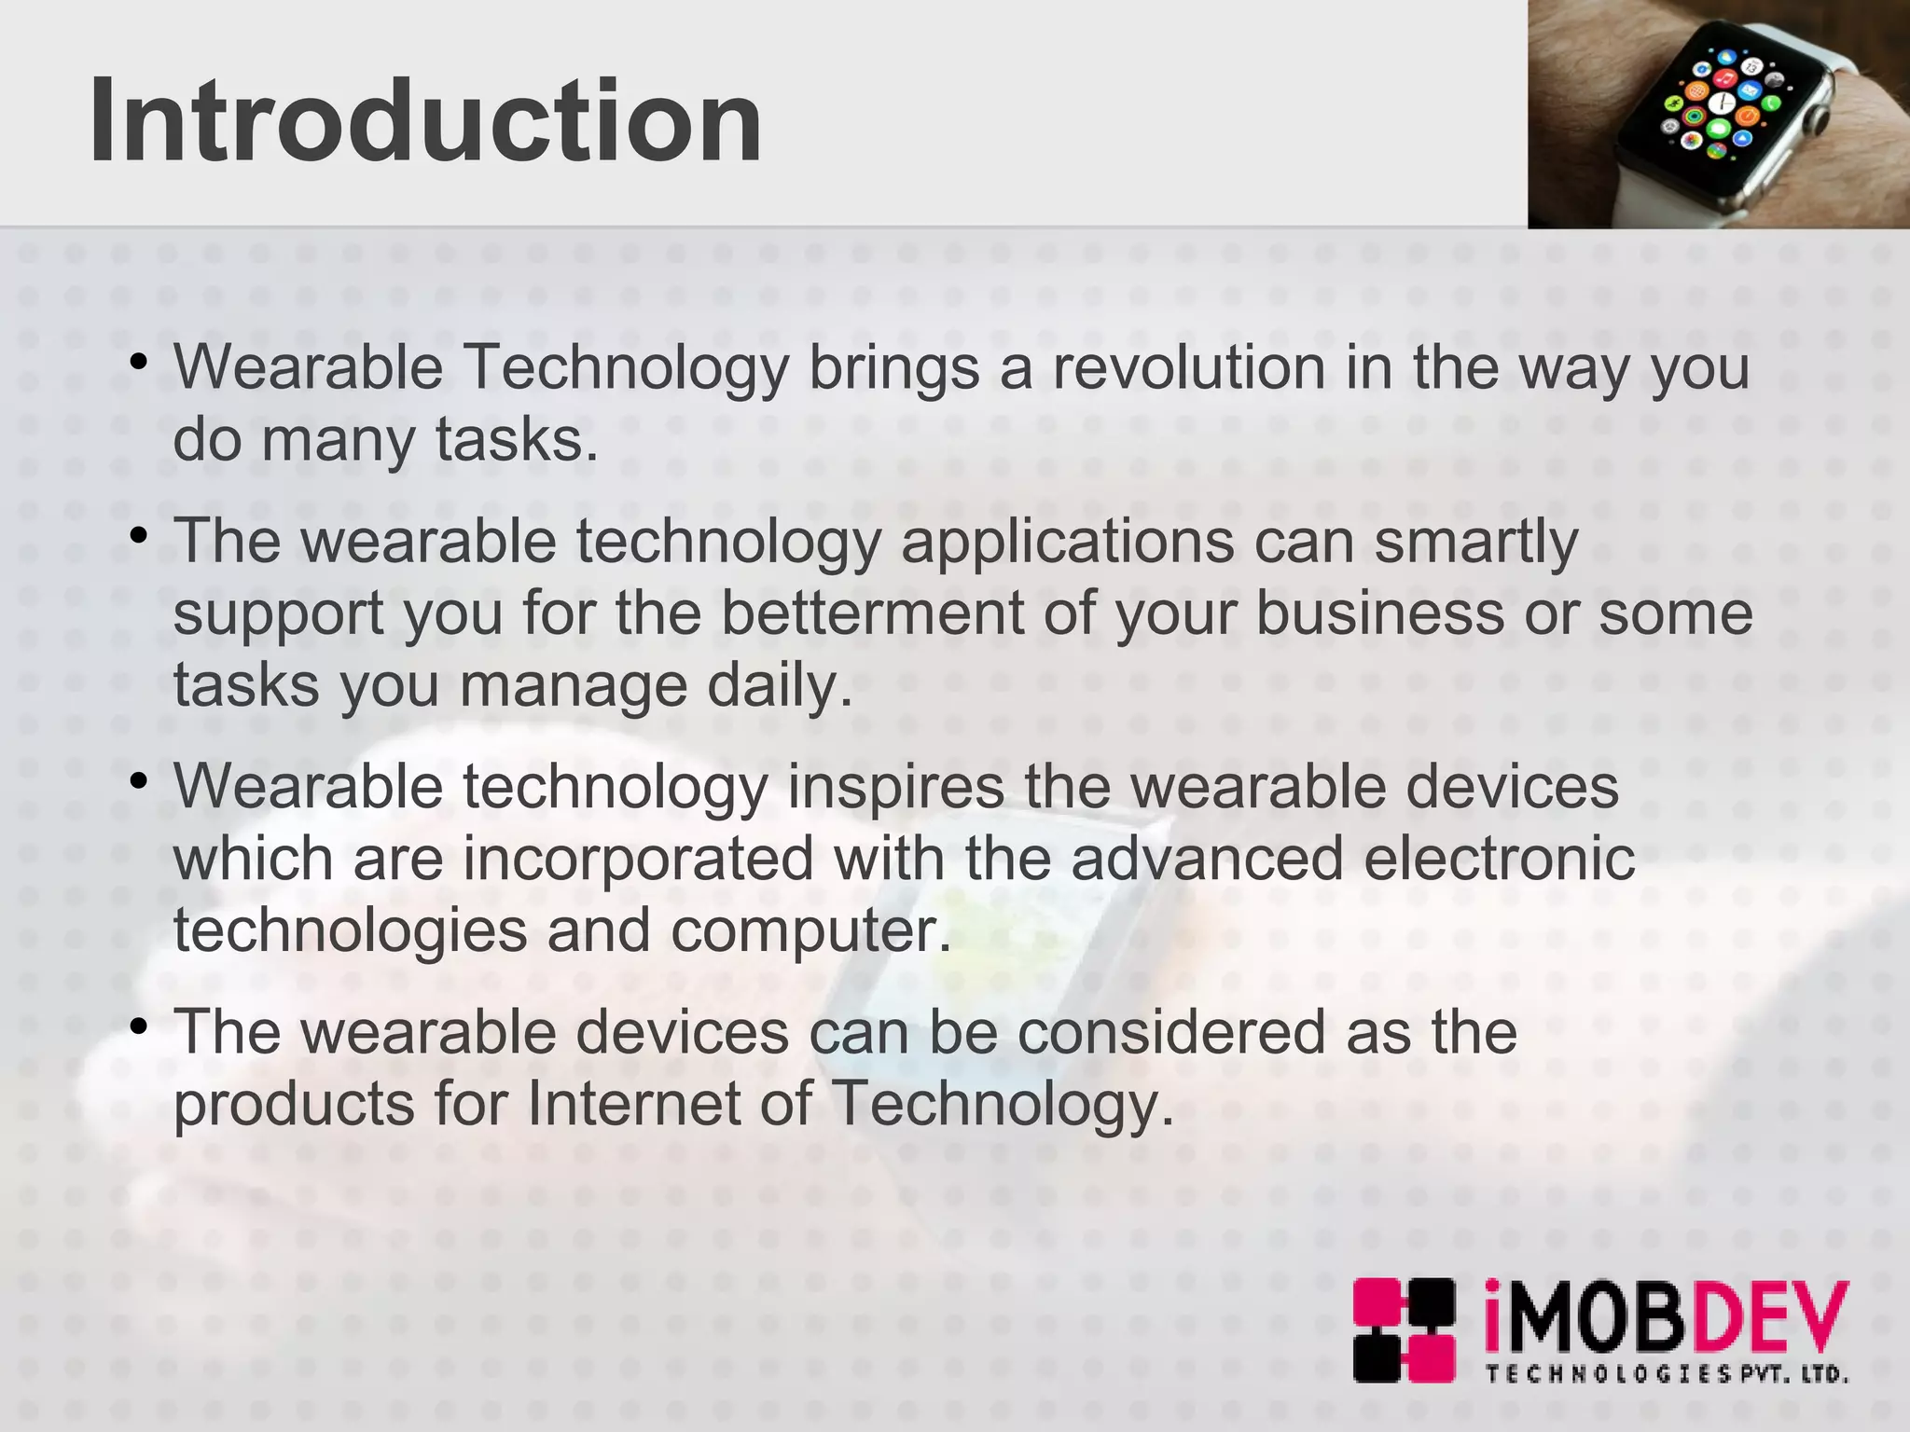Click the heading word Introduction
tap(425, 122)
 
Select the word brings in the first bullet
tap(893, 368)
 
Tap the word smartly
tap(1475, 542)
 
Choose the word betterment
tap(872, 613)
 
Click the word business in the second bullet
tap(1379, 613)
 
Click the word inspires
tap(895, 787)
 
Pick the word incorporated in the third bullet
tap(638, 859)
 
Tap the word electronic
tap(1499, 859)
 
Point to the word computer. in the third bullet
tap(810, 930)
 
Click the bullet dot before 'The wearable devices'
tap(139, 1027)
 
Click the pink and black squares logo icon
tap(1404, 1330)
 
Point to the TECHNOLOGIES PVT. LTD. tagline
tap(1666, 1374)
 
